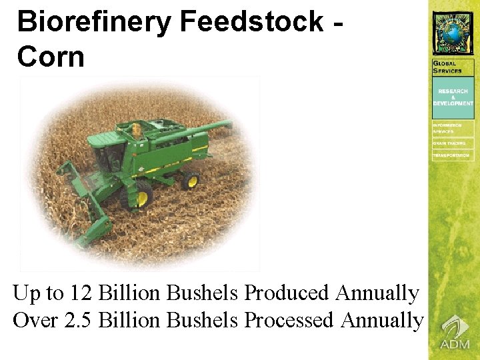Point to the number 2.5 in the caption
point(79,321)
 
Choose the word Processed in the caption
point(289,321)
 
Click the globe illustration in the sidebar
point(453,32)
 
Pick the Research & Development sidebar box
point(453,97)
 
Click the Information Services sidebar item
point(447,128)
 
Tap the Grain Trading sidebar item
point(449,143)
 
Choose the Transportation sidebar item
point(451,155)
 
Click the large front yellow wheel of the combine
point(142,197)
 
